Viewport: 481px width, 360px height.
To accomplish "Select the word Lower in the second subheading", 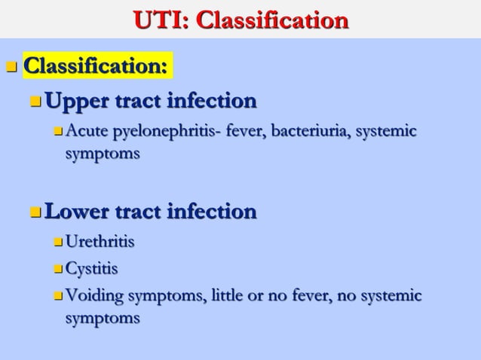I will [76, 211].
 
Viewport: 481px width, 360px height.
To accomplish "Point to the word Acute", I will [87, 133].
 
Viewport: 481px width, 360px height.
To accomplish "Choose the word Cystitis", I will [92, 268].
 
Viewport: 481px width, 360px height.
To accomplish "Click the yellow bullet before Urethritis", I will [59, 243].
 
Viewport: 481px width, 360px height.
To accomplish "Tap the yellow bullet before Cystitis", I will [59, 269].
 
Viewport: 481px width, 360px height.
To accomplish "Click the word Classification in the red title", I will [272, 19].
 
